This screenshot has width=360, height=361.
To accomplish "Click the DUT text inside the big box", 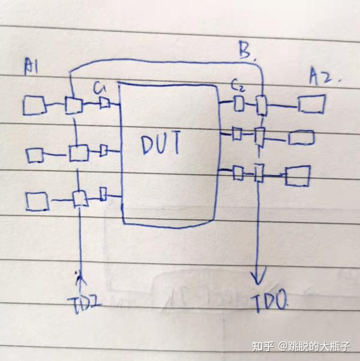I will coord(161,145).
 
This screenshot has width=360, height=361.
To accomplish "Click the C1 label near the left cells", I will coord(100,89).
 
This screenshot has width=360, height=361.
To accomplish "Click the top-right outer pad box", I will coord(313,106).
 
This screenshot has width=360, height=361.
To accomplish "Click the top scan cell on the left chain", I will coord(74,105).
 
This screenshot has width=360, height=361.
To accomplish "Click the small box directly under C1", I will coord(104,104).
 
